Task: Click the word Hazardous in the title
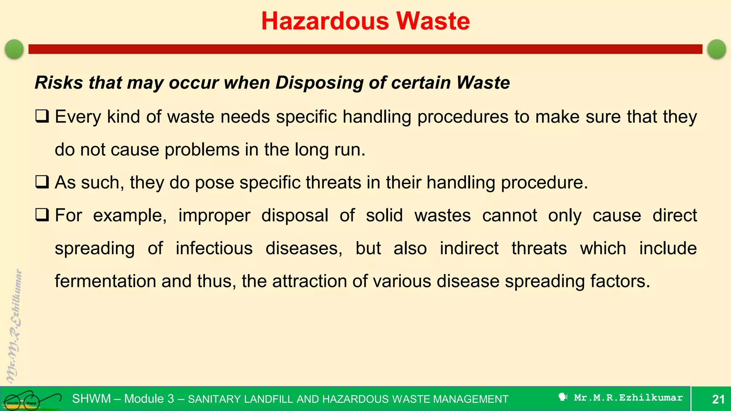click(325, 21)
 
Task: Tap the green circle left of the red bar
click(14, 49)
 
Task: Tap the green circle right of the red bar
click(716, 49)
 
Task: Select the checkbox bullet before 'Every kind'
click(42, 117)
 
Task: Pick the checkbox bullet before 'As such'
click(42, 182)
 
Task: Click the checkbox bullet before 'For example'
click(42, 215)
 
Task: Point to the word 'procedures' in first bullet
click(463, 117)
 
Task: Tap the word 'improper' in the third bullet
click(214, 215)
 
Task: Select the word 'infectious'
click(214, 248)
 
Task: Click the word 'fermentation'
click(105, 281)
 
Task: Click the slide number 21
click(718, 399)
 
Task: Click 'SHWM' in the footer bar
click(91, 399)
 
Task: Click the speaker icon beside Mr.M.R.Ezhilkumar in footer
click(563, 397)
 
